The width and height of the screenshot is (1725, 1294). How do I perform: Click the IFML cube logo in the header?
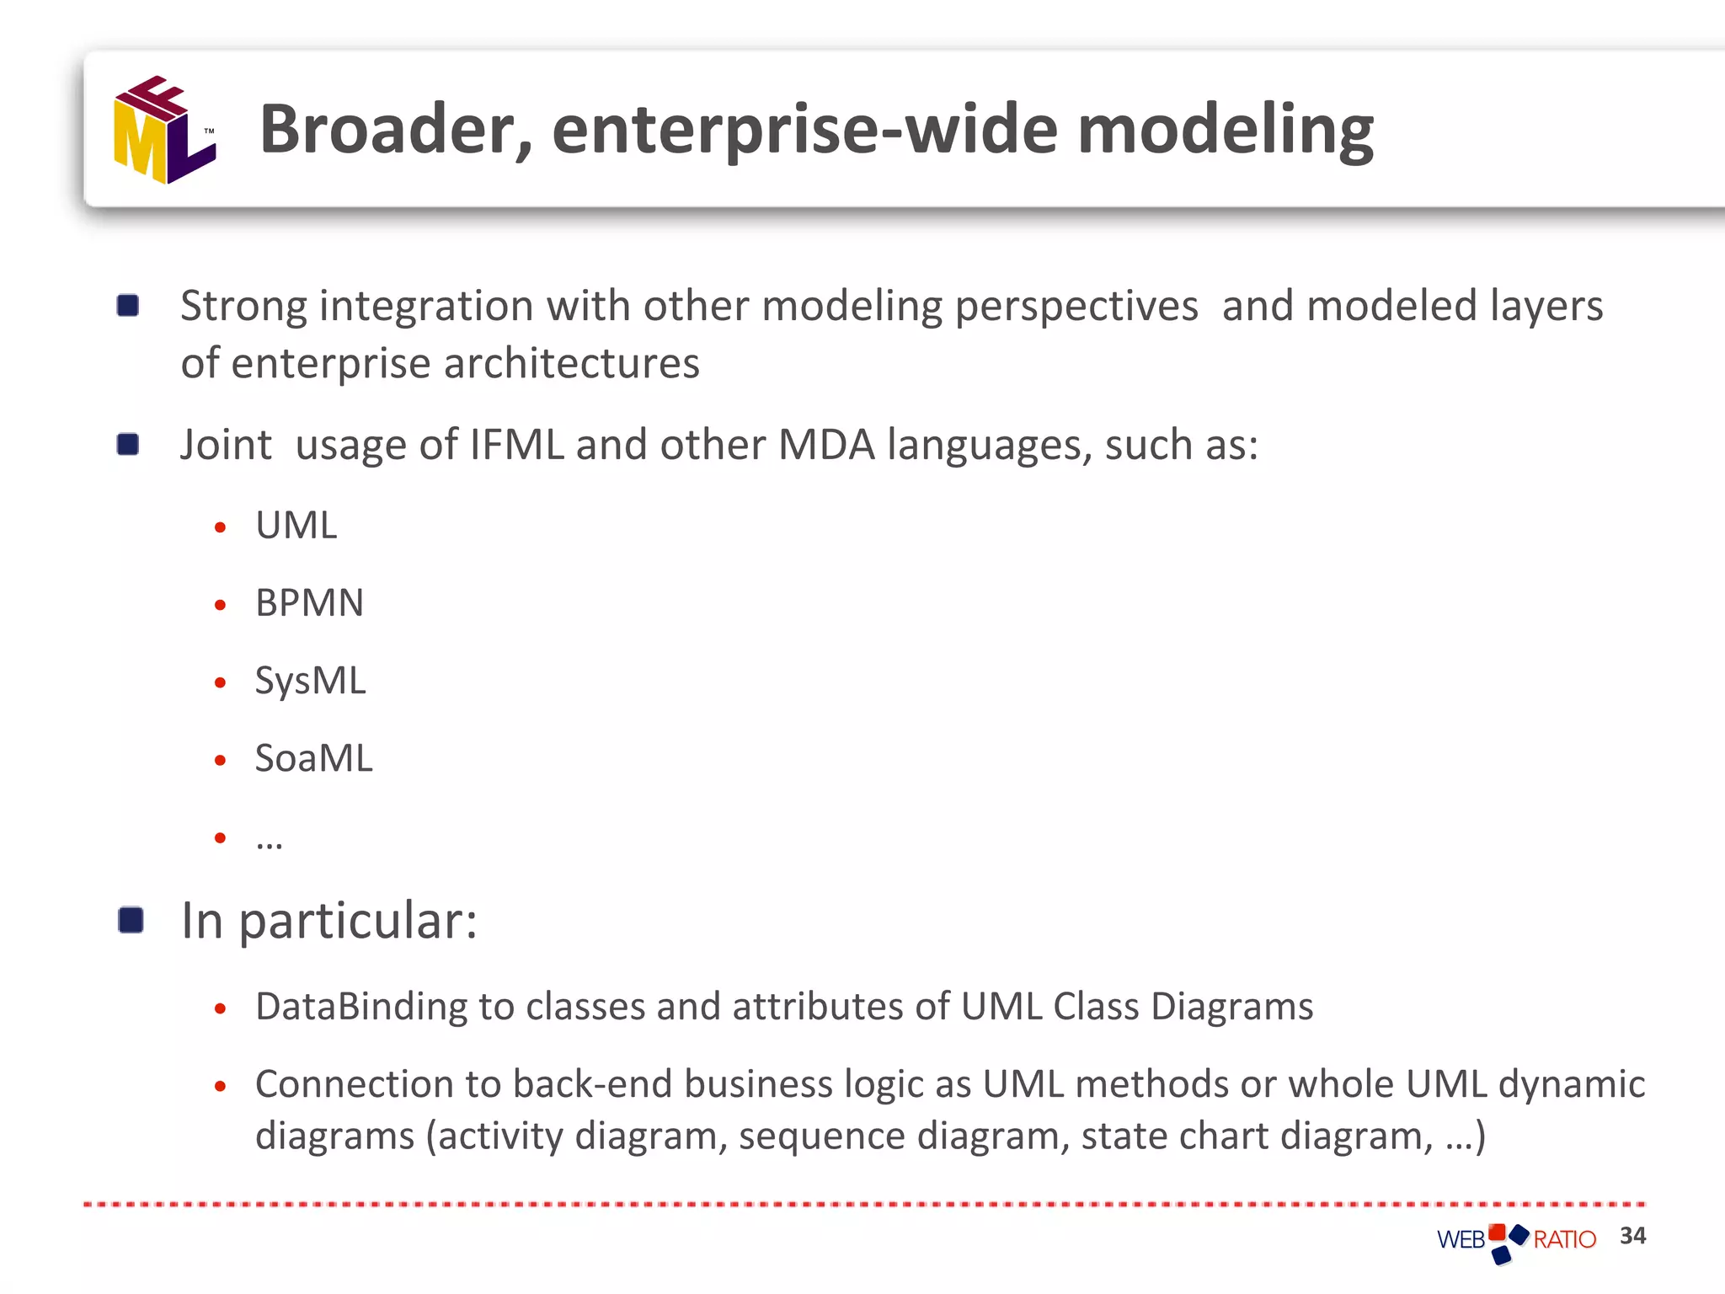[x=164, y=131]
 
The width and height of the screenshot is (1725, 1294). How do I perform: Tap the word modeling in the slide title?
[x=1225, y=131]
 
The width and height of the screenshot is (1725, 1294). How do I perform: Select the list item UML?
[x=296, y=526]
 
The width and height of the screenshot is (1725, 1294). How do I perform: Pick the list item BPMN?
[x=309, y=603]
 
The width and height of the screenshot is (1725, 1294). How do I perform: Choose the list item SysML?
[x=310, y=681]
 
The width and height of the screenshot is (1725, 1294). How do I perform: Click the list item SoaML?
[x=313, y=758]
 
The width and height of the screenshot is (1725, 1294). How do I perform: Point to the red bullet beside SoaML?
[x=220, y=760]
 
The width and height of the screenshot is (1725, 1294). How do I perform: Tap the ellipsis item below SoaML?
[x=269, y=839]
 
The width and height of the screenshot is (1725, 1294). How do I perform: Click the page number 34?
[x=1632, y=1235]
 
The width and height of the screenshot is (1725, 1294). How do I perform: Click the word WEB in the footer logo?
[x=1461, y=1239]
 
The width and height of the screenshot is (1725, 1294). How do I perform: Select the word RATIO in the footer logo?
[x=1564, y=1239]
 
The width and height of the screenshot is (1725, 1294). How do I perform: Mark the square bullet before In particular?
[x=131, y=920]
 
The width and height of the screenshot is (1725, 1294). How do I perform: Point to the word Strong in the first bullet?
[x=243, y=306]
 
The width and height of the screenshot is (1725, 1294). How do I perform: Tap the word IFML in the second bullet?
[x=516, y=445]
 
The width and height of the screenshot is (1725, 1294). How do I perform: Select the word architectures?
[x=571, y=364]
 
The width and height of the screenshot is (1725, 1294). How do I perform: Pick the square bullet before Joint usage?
[x=128, y=444]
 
